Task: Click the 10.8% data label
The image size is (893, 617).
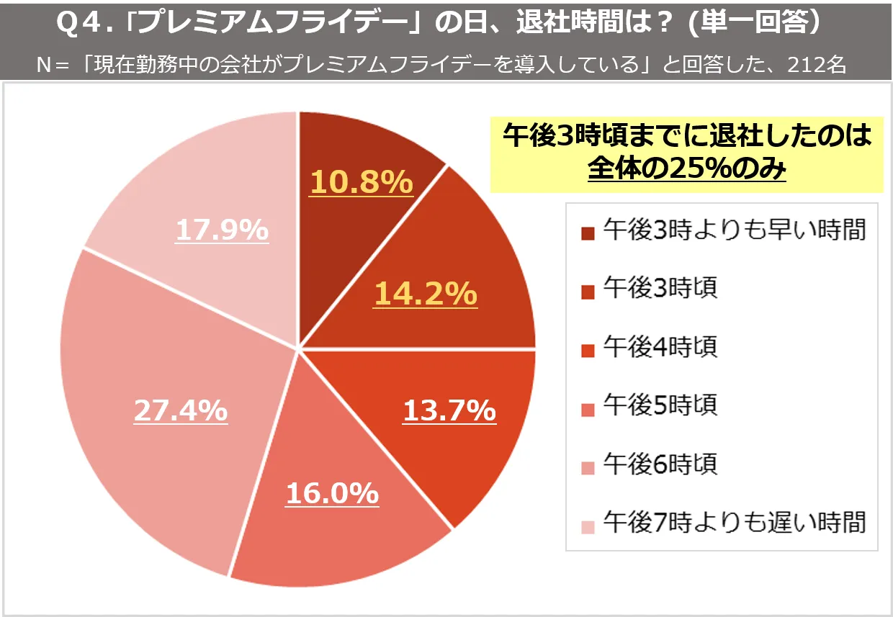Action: (x=361, y=182)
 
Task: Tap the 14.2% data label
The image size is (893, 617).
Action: (x=425, y=294)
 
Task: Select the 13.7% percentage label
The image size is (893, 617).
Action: (x=449, y=411)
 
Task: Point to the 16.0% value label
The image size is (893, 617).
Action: (x=332, y=493)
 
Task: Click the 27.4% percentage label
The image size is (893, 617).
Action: (x=181, y=410)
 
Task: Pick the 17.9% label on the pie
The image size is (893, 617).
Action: (x=222, y=230)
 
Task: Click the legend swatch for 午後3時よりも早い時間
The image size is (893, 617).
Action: (x=588, y=233)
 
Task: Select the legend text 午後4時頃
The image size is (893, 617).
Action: (x=660, y=347)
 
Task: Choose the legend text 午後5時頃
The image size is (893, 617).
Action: (x=660, y=405)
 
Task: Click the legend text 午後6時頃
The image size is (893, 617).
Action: (x=660, y=464)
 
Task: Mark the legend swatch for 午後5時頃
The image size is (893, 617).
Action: (x=588, y=408)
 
